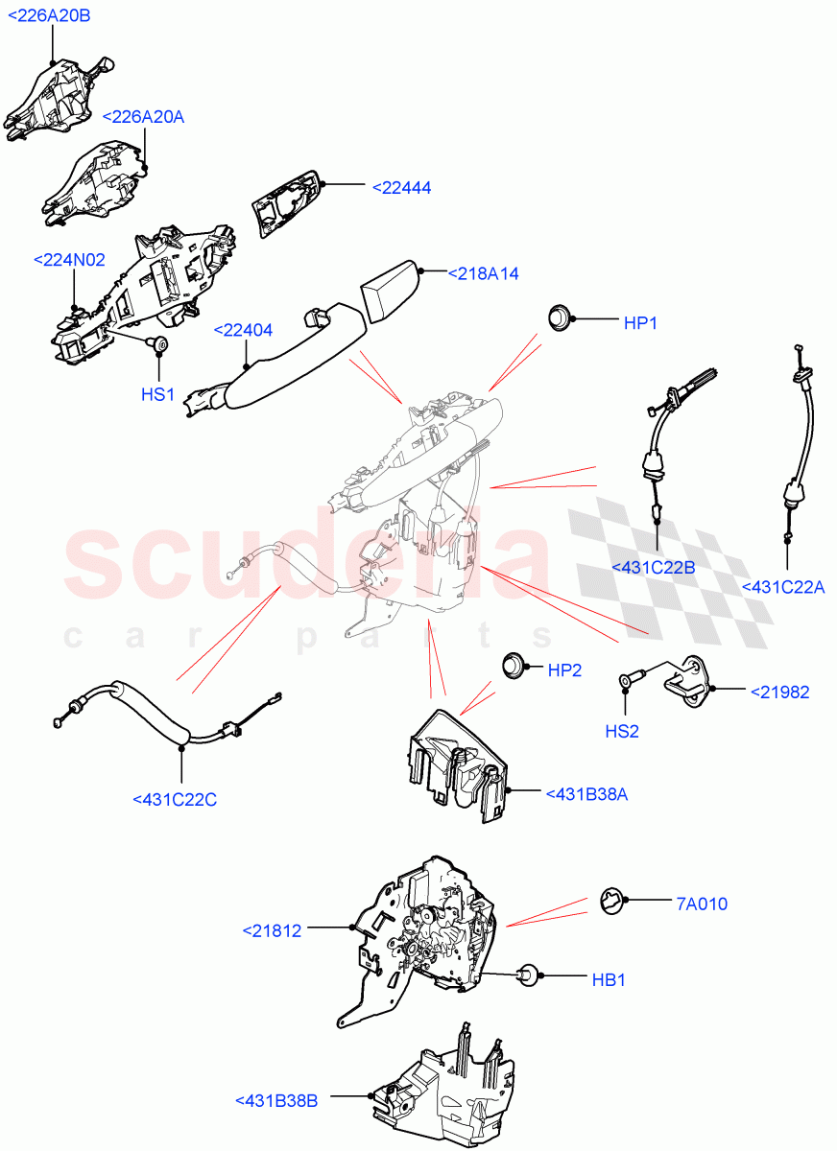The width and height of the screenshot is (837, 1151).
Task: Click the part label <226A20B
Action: tap(51, 16)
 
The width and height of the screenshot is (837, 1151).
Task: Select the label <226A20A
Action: tap(143, 116)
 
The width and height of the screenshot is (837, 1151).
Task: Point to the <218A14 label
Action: tap(483, 273)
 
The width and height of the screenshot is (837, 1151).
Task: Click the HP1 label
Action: tap(640, 324)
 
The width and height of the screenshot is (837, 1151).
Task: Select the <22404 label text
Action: tap(243, 331)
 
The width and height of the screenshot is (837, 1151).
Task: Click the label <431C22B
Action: tap(653, 568)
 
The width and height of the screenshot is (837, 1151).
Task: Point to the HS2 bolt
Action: tap(627, 680)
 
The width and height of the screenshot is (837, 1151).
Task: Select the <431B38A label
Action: tap(586, 793)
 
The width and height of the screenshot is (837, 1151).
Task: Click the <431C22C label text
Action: tap(175, 798)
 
